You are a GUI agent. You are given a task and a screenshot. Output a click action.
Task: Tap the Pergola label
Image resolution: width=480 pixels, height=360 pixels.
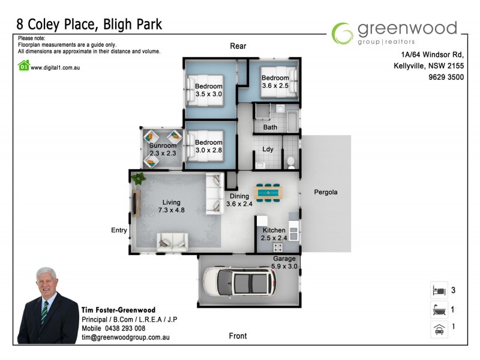point(326,193)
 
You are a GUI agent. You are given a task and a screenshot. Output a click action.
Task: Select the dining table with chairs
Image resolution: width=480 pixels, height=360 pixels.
point(268,192)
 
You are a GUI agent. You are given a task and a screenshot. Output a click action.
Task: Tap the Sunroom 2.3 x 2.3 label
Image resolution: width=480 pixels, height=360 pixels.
point(163,149)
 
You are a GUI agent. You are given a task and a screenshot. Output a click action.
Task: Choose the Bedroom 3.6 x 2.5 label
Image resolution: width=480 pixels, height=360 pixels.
point(275,82)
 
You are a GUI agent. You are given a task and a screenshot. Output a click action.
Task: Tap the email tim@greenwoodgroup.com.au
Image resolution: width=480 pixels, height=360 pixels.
point(125,338)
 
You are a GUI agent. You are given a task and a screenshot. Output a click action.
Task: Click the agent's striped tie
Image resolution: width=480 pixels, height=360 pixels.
point(44,313)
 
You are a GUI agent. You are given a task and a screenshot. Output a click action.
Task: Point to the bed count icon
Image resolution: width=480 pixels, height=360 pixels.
point(438,290)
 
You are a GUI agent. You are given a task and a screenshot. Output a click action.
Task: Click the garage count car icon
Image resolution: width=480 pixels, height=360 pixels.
point(438,329)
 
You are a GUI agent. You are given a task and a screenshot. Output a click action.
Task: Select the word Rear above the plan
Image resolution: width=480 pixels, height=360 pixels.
point(238,46)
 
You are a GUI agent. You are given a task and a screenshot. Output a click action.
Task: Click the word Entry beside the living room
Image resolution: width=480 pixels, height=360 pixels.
point(119,230)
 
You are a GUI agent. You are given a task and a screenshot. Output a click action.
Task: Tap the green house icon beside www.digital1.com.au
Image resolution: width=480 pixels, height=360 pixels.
point(23,67)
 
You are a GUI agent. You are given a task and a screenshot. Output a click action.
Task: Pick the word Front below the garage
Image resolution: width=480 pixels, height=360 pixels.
point(238,336)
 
